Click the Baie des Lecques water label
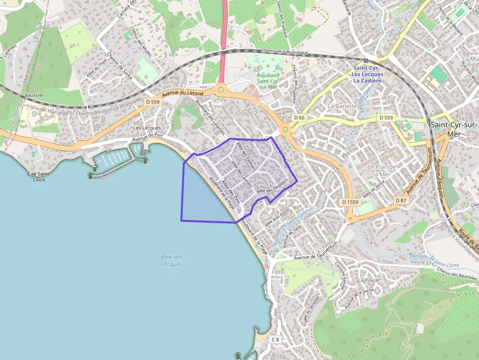pos(172,260)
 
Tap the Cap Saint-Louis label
pos(39,176)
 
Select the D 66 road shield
pos(299,118)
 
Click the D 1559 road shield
pos(350,202)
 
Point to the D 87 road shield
pos(401,200)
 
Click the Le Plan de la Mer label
pos(382,170)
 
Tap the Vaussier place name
pos(34,95)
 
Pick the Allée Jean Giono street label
pos(277,217)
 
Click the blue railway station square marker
pos(365,60)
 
